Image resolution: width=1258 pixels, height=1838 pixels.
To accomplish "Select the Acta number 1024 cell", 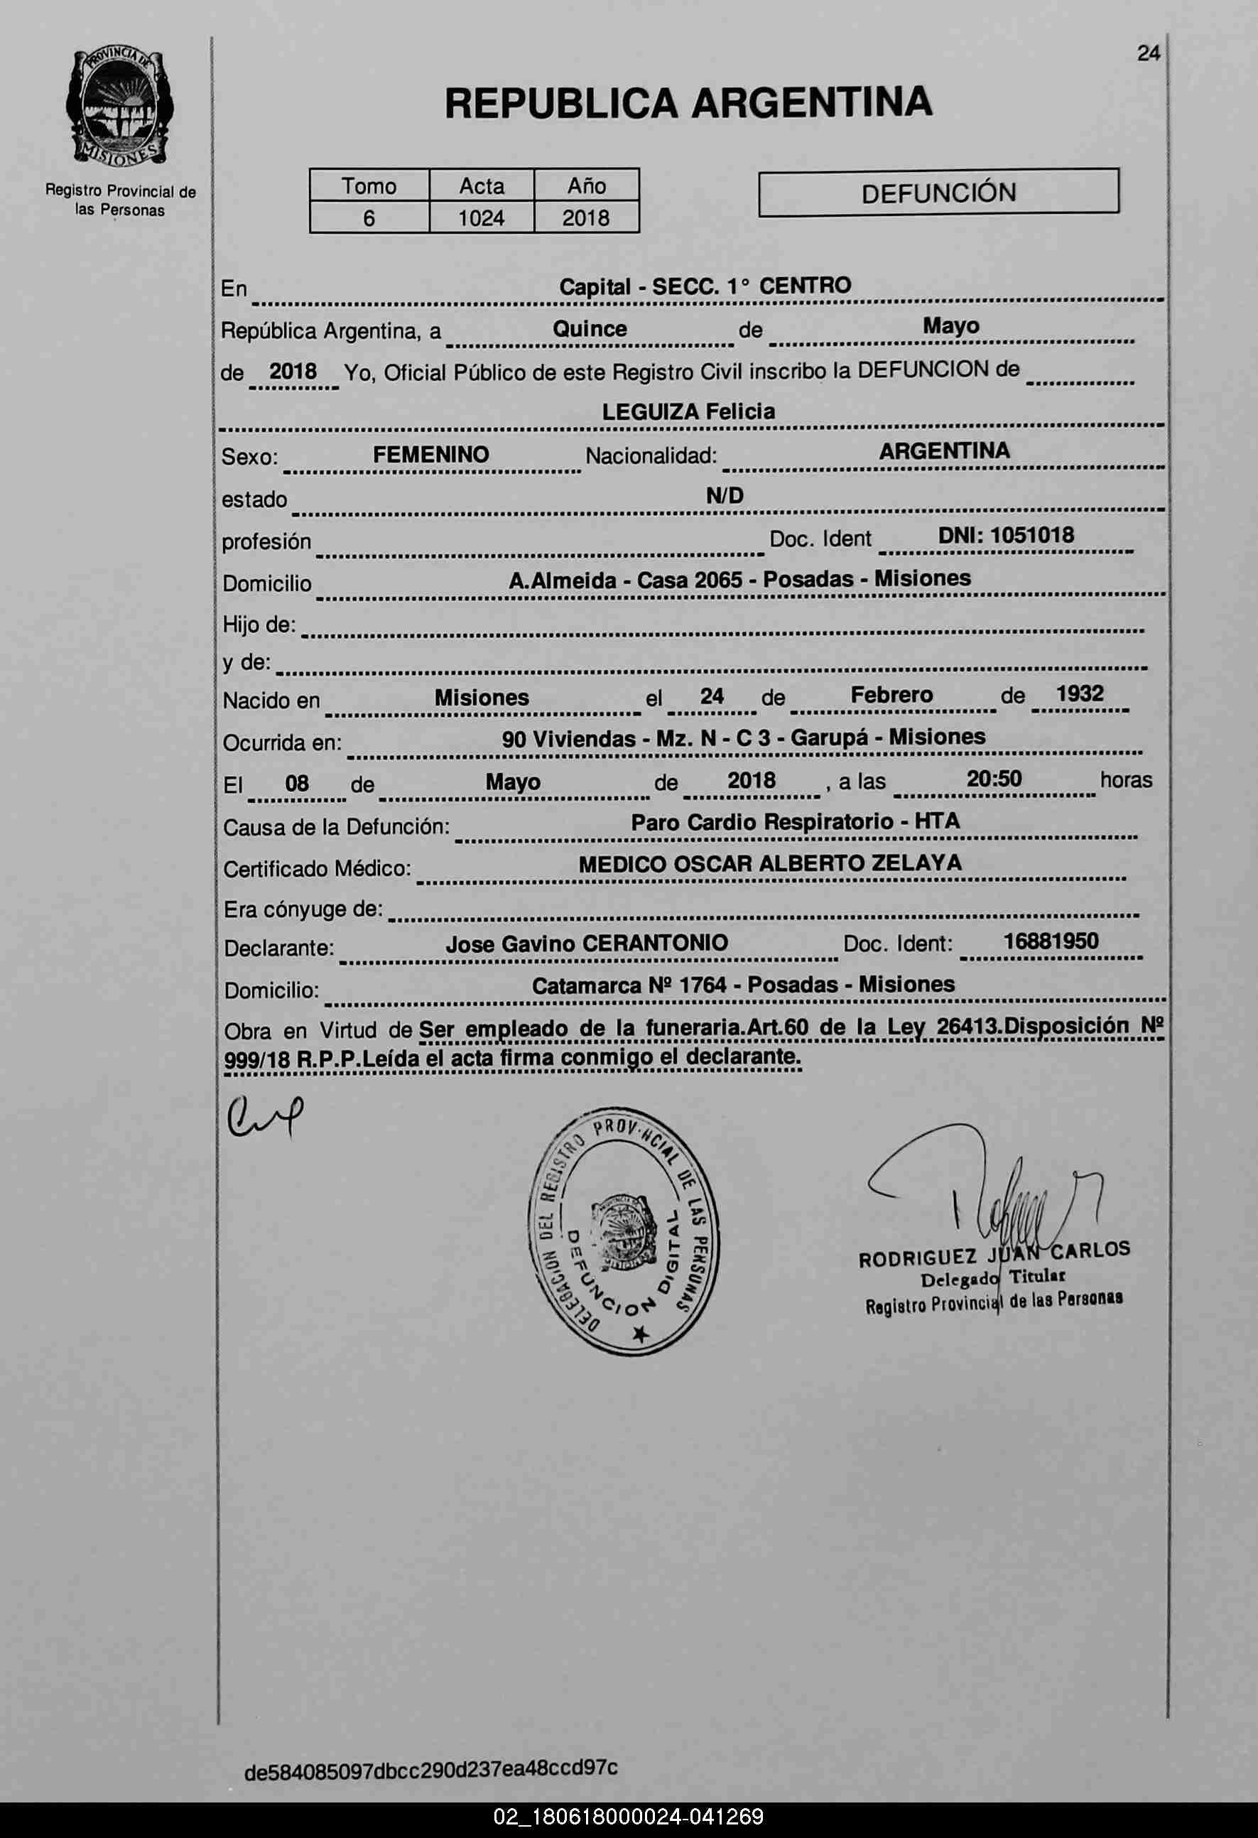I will [481, 217].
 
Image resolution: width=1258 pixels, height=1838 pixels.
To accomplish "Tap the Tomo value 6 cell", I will [369, 217].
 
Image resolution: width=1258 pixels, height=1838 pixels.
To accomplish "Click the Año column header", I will [586, 186].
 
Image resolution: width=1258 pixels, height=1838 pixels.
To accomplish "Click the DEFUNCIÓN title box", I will [938, 192].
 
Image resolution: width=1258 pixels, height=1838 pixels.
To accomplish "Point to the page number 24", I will [1148, 53].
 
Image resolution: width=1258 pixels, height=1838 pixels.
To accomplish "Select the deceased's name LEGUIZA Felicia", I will [688, 411].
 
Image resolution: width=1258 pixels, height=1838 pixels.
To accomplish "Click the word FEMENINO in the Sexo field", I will [431, 455].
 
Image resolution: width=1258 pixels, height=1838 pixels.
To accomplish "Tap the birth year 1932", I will [1079, 693].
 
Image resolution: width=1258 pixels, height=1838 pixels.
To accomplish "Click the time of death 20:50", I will [993, 779].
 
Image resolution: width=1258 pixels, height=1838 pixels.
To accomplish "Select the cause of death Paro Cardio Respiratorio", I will [762, 823].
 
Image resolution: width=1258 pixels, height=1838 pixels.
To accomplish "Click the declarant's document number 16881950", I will [1050, 941].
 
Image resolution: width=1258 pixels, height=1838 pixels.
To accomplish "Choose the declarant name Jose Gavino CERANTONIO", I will [587, 944].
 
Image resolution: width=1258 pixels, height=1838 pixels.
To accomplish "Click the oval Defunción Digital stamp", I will [623, 1231].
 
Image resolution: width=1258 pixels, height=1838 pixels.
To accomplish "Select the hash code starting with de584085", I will [431, 1768].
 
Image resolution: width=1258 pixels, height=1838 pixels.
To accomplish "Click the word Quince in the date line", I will [589, 329].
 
